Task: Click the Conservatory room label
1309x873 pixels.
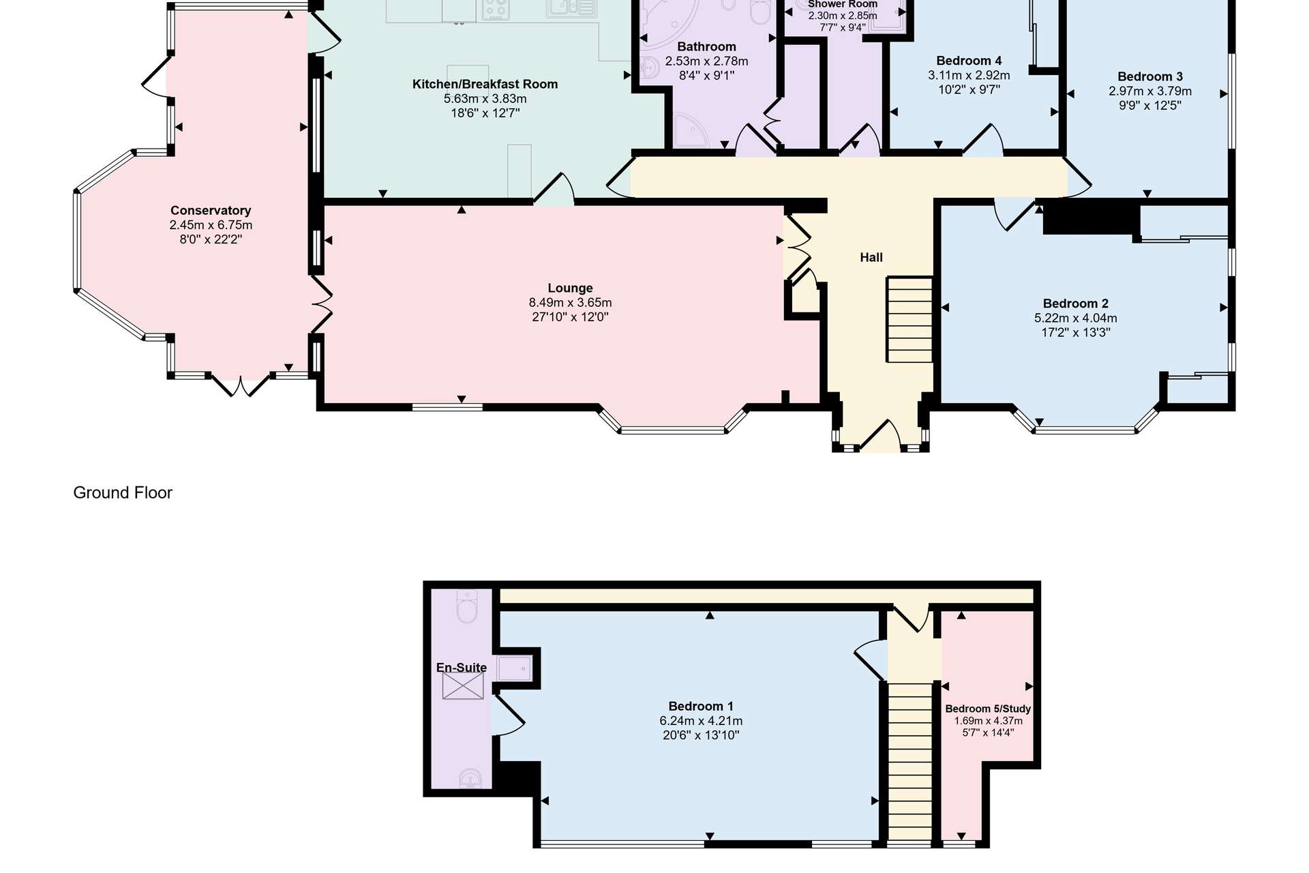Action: (211, 210)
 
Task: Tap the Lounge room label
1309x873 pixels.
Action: (570, 288)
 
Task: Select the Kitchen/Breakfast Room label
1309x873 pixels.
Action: (485, 84)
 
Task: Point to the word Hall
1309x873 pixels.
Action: (871, 257)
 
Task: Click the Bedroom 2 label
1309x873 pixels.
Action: (1076, 304)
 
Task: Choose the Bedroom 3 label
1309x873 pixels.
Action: (1150, 76)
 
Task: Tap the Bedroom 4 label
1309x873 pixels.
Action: (969, 61)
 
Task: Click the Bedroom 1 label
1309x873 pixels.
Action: (701, 706)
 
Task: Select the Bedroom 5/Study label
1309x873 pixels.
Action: (988, 709)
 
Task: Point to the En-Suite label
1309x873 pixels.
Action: (462, 667)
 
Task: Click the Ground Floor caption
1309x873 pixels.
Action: (123, 492)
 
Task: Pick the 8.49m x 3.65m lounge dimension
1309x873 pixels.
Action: (570, 302)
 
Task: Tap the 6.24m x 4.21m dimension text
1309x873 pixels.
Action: (701, 721)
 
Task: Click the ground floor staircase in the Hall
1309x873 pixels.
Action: (909, 319)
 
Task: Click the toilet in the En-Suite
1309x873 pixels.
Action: (467, 606)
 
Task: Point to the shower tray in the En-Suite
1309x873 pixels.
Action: (515, 668)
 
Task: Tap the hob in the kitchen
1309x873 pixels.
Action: (496, 10)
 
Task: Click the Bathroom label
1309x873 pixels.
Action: (706, 46)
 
